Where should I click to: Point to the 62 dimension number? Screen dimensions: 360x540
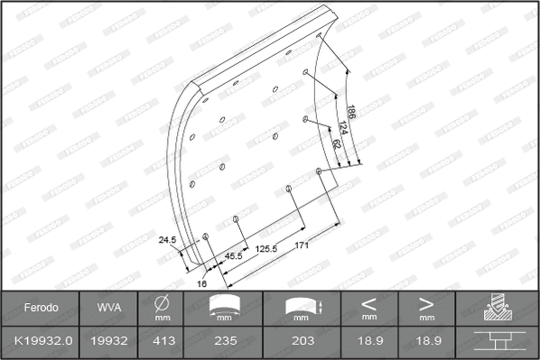[337, 143]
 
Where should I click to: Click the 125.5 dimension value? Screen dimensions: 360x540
[266, 248]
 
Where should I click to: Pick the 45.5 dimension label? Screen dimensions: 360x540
[233, 256]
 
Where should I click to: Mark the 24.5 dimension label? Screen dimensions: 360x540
[165, 241]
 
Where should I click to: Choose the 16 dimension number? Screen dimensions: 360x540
[202, 282]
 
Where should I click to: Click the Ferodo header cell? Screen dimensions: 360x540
[41, 308]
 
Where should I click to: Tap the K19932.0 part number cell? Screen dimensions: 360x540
[41, 342]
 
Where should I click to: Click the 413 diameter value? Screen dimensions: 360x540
[163, 342]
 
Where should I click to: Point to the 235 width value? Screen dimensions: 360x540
[226, 342]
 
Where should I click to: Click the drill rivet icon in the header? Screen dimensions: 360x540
[497, 308]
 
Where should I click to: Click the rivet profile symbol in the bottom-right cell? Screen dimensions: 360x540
[497, 342]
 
